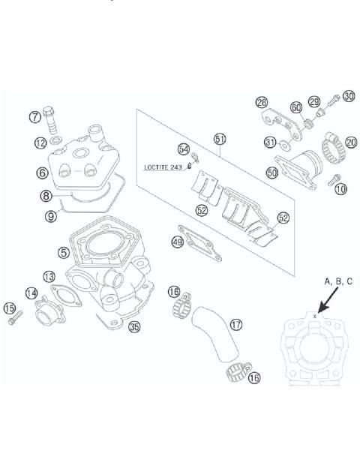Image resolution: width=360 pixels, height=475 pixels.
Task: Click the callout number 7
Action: click(x=34, y=117)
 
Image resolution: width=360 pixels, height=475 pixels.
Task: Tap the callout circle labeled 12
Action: click(x=39, y=142)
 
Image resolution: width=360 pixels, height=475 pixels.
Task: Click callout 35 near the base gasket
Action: click(x=135, y=326)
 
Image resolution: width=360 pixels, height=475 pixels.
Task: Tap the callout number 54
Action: click(x=184, y=149)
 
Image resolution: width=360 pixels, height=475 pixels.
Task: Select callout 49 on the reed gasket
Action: click(x=178, y=242)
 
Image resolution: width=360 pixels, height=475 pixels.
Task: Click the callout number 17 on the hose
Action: click(x=236, y=326)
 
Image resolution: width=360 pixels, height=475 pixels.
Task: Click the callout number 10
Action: click(x=340, y=189)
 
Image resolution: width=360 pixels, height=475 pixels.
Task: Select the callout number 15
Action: click(x=10, y=308)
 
